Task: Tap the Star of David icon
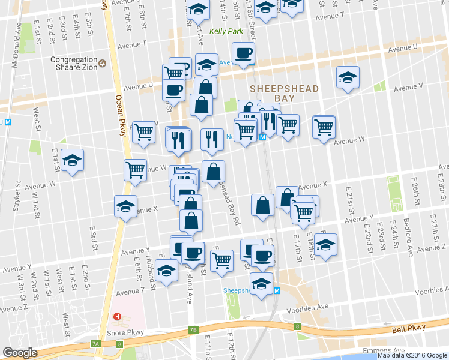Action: (x=102, y=63)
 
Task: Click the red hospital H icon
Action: (x=118, y=316)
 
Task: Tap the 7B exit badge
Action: (x=193, y=330)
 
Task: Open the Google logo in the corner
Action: (x=20, y=353)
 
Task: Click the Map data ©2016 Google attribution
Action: (x=412, y=355)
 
